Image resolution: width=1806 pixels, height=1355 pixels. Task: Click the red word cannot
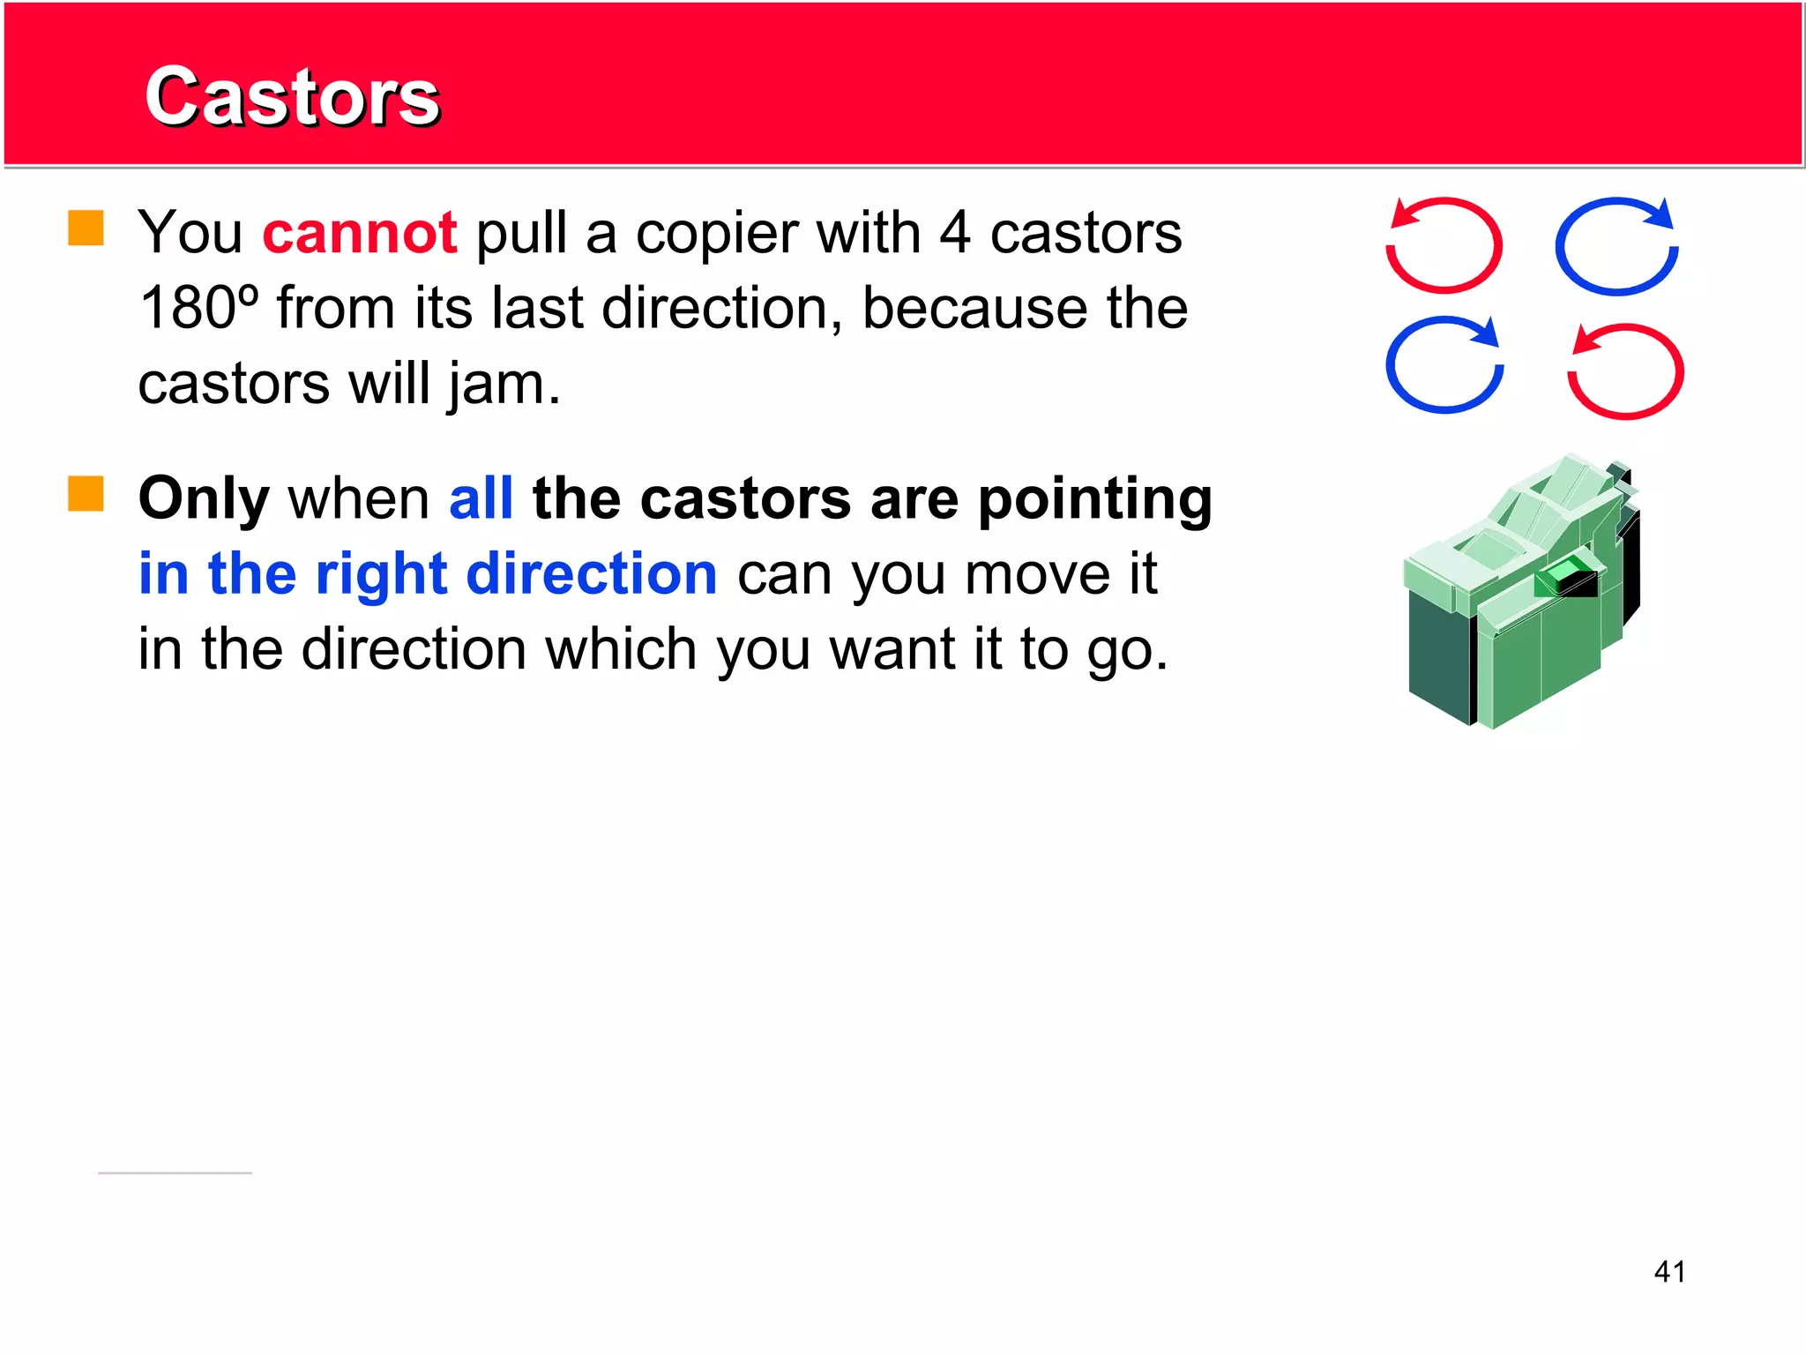tap(360, 234)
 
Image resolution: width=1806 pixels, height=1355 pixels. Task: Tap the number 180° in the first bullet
tap(199, 309)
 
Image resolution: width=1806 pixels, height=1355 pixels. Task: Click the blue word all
tap(481, 499)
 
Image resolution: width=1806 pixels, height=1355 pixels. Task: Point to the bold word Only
tap(204, 499)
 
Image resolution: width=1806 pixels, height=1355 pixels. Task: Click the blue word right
tap(383, 575)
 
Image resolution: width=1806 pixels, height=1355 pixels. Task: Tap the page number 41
tap(1669, 1271)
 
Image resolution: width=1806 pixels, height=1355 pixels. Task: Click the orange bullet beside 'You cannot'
tap(86, 228)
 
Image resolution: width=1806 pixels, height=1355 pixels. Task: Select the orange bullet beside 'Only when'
tap(86, 494)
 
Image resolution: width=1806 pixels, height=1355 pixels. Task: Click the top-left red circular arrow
tap(1444, 244)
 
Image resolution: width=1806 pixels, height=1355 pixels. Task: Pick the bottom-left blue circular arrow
tap(1444, 364)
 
